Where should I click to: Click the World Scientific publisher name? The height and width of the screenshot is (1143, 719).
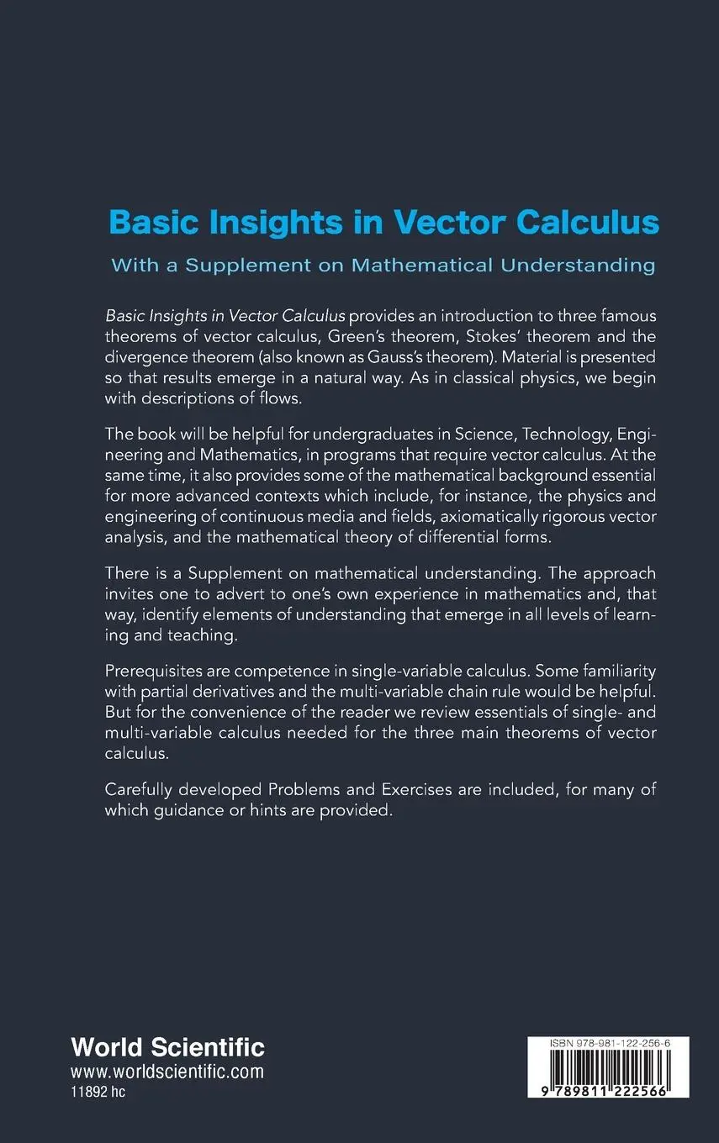coord(168,1047)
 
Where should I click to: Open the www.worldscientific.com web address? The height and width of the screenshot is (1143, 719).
coord(167,1072)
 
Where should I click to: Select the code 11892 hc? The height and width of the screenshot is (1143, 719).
coord(98,1092)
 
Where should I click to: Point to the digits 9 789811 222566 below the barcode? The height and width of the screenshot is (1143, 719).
coord(607,1089)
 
